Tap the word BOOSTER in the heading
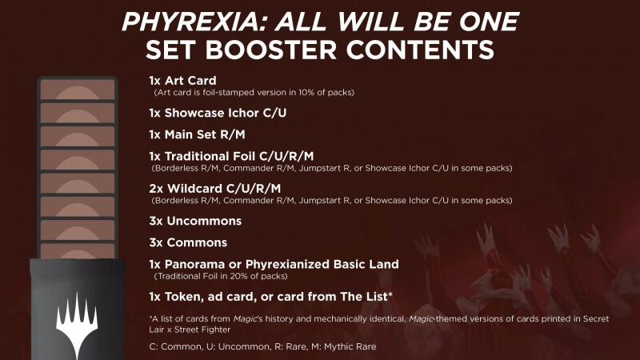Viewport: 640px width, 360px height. (270, 50)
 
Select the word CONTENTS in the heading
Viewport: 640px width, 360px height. (420, 50)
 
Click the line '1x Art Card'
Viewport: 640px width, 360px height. (182, 81)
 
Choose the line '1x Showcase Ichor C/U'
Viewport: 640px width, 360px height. (218, 113)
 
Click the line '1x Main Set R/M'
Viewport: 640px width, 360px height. (197, 134)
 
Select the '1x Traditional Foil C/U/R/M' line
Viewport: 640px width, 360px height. (231, 156)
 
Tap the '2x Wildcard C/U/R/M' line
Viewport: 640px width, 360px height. (214, 189)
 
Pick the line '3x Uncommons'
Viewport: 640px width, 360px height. (195, 221)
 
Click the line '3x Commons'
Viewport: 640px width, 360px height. (188, 242)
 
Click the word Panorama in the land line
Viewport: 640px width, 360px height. (194, 264)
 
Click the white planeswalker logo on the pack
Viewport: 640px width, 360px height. (77, 324)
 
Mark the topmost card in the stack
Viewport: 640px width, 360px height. (78, 89)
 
